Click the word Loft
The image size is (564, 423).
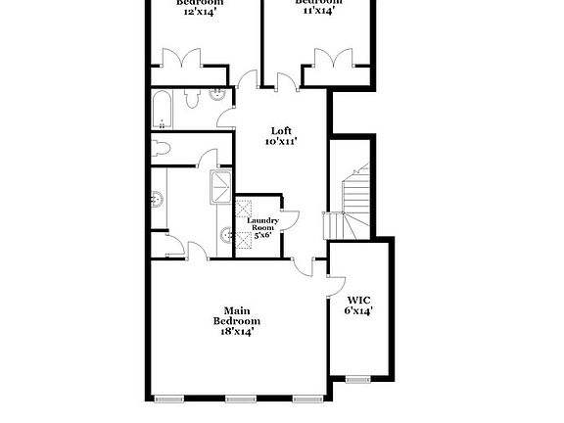tap(281, 131)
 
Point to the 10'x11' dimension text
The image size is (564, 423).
tap(281, 142)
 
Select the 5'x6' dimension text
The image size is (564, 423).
tap(263, 236)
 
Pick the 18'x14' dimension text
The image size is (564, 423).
tap(238, 332)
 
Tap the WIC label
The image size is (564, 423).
tap(358, 299)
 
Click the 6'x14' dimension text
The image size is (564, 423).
tap(358, 311)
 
